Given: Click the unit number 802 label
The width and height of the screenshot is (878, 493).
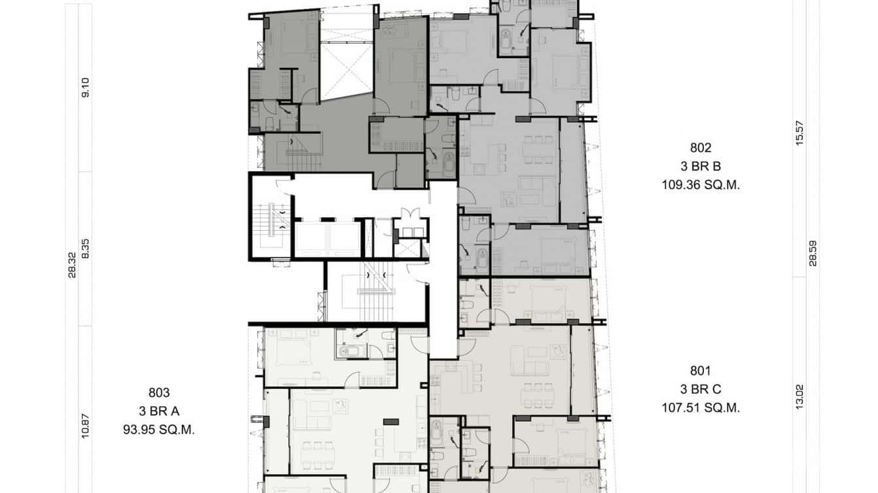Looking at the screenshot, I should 700,148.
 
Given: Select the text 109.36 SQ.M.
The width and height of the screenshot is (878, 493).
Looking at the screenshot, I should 700,185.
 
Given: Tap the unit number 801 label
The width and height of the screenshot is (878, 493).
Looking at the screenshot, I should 700,370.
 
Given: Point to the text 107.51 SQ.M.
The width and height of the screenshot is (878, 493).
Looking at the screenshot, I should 700,408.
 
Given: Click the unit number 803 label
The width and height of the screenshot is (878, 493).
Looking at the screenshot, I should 159,393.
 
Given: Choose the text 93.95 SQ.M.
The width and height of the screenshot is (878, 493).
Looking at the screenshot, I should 159,430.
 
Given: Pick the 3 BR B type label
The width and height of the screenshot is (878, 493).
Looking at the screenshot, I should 700,166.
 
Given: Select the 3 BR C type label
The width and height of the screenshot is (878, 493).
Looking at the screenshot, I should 700,389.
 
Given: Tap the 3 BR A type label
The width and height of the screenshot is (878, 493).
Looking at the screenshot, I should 159,411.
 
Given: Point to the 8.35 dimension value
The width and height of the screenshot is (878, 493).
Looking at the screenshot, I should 85,248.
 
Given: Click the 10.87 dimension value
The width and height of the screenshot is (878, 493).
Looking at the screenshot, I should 85,426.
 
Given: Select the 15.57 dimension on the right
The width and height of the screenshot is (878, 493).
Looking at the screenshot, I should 799,133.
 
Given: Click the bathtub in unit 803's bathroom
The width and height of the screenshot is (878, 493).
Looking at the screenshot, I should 351,352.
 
